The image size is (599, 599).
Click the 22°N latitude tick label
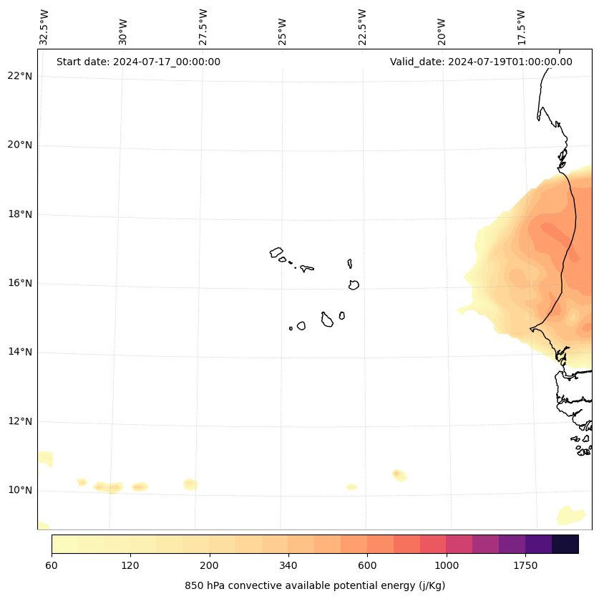tap(19, 76)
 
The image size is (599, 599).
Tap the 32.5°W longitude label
tap(45, 27)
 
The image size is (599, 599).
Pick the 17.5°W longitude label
tap(521, 27)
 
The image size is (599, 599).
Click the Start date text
tap(138, 62)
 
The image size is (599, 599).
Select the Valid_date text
tap(481, 62)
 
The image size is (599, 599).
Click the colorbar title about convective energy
tap(315, 585)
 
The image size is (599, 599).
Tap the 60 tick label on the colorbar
tap(52, 565)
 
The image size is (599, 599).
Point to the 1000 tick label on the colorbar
tap(447, 565)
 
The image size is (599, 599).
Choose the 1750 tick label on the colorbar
tap(525, 565)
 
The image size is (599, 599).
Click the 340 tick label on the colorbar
tap(288, 565)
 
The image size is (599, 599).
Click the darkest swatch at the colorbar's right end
tap(565, 544)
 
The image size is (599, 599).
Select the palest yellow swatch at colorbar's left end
tap(64, 544)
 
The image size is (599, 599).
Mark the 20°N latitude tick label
tap(19, 145)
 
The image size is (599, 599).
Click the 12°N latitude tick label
tap(19, 421)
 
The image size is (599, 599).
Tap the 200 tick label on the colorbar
tap(210, 565)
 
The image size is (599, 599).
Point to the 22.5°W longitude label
tap(362, 27)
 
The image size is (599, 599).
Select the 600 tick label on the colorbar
tap(367, 565)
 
